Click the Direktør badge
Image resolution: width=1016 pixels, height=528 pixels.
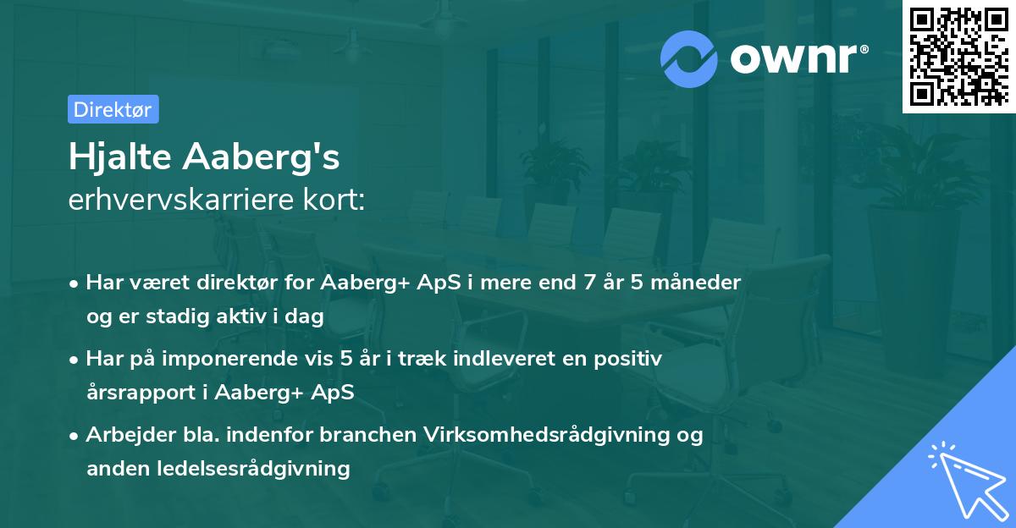(113, 109)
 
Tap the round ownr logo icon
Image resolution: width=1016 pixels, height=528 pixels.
(689, 58)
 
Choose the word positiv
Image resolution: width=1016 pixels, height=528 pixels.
(627, 359)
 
